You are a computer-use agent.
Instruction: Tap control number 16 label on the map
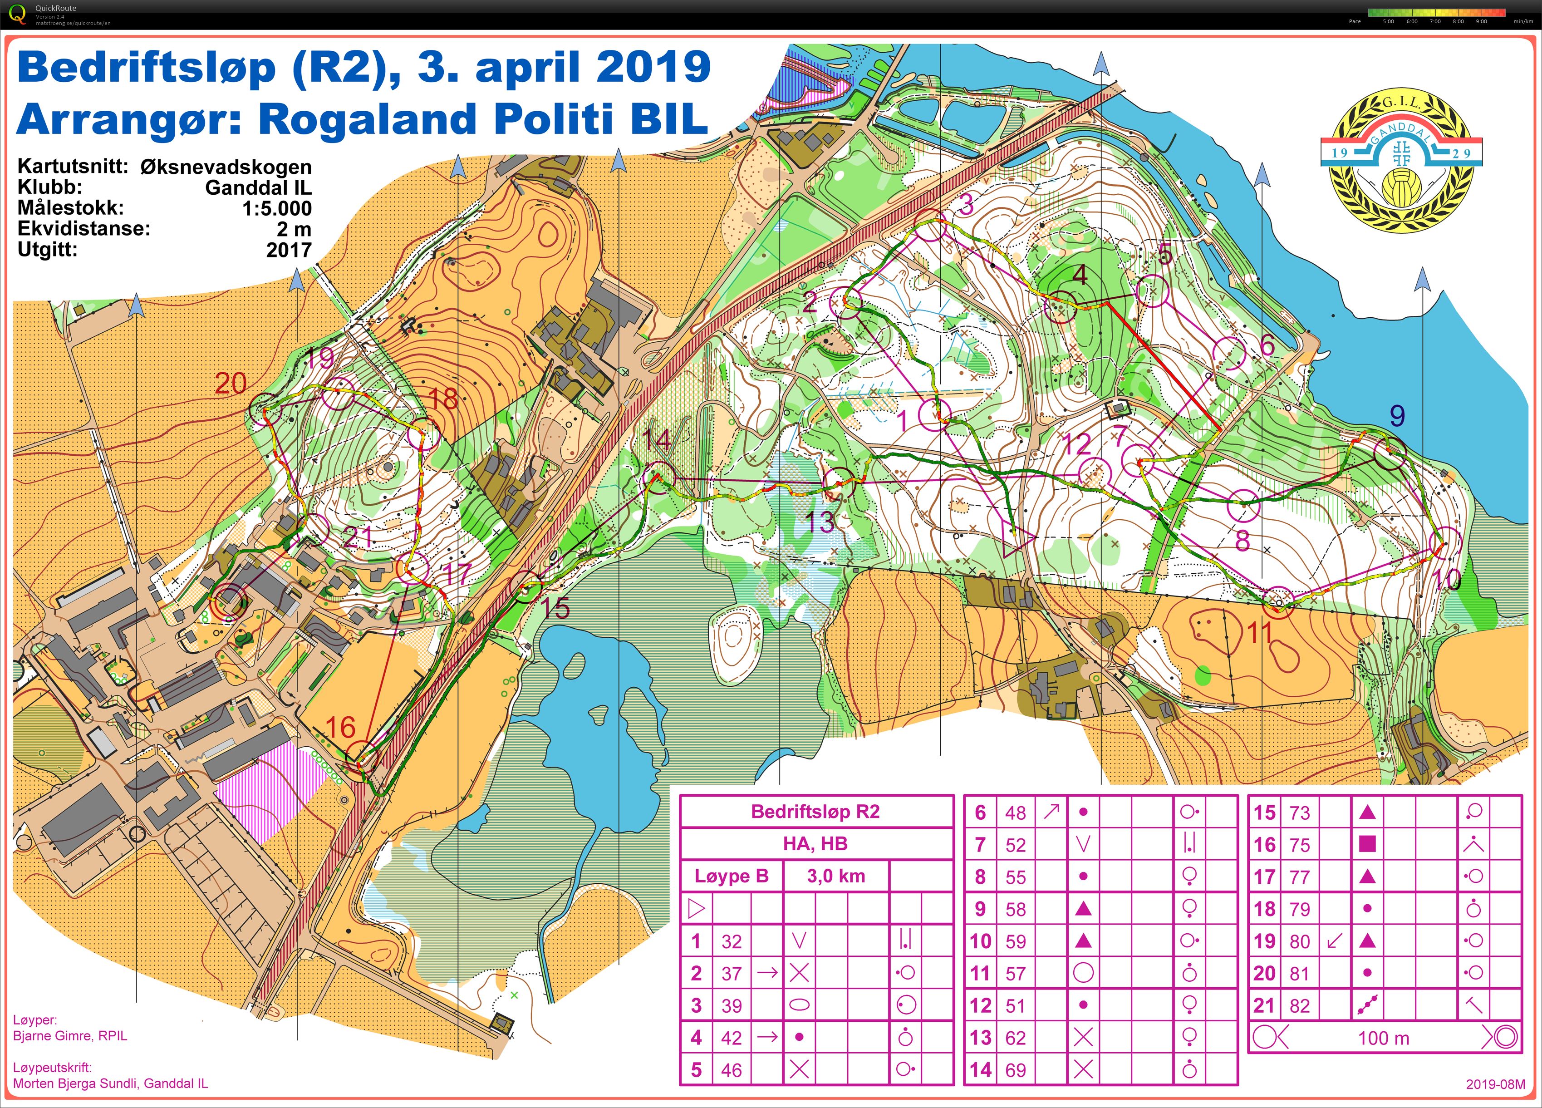340,728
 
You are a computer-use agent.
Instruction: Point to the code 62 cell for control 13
1015,1037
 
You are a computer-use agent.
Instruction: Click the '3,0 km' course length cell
835,876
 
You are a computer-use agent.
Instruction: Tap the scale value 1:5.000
277,208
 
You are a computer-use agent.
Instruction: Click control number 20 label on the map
231,384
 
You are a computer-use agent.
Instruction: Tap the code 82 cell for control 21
1299,1005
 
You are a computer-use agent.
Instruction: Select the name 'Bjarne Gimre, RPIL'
70,1036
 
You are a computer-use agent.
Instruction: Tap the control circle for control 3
930,227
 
